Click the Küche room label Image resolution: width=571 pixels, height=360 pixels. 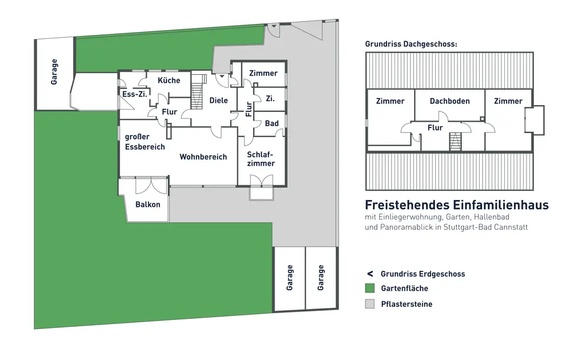pyautogui.click(x=169, y=81)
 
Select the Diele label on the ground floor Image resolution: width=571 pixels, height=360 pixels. pyautogui.click(x=219, y=101)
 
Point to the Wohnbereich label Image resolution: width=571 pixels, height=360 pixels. pyautogui.click(x=203, y=157)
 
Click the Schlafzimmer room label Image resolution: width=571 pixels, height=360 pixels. pyautogui.click(x=261, y=159)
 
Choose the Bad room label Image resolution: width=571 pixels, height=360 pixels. pyautogui.click(x=272, y=123)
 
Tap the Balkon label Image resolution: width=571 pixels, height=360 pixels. pyautogui.click(x=147, y=205)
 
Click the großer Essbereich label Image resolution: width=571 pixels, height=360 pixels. pyautogui.click(x=145, y=142)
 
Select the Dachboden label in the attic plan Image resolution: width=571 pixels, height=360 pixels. pyautogui.click(x=450, y=101)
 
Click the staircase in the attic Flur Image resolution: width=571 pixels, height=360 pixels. pyautogui.click(x=455, y=141)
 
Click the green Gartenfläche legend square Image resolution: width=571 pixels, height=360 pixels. pyautogui.click(x=370, y=289)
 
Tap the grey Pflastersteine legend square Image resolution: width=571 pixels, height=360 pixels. pyautogui.click(x=370, y=304)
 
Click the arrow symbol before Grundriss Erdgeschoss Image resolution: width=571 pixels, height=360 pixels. pyautogui.click(x=370, y=274)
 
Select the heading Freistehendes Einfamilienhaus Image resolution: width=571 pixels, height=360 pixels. pyautogui.click(x=457, y=205)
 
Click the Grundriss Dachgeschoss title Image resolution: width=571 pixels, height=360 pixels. pyautogui.click(x=411, y=44)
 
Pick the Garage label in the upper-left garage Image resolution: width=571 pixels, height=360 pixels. pyautogui.click(x=54, y=71)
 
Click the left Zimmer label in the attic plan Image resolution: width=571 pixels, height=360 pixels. pyautogui.click(x=390, y=101)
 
